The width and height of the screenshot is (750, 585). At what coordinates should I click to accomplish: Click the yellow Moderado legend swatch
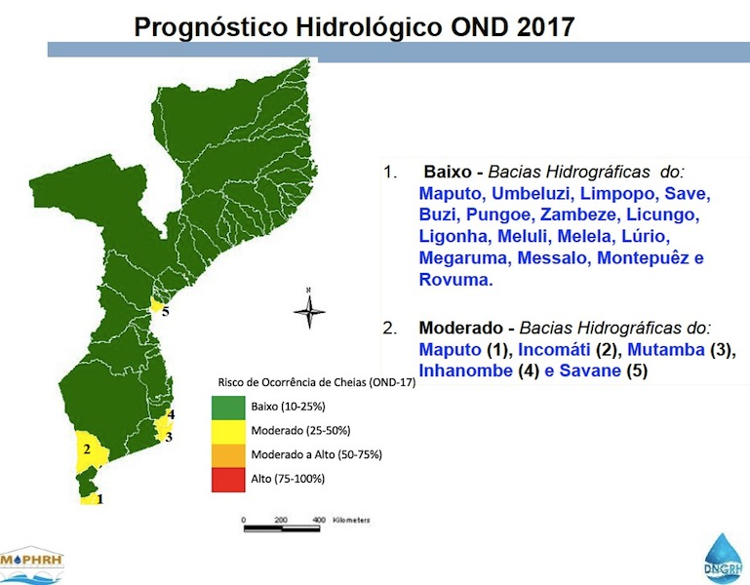click(229, 431)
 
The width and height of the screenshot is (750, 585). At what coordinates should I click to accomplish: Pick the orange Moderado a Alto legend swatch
click(229, 455)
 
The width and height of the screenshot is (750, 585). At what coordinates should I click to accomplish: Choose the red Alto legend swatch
click(229, 479)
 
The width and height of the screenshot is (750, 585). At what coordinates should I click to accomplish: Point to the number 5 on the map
click(165, 312)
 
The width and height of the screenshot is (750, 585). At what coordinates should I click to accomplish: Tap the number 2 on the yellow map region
click(87, 449)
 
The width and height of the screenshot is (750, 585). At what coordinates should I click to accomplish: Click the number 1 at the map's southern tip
click(99, 498)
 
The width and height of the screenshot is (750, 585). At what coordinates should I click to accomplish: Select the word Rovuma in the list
click(454, 279)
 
